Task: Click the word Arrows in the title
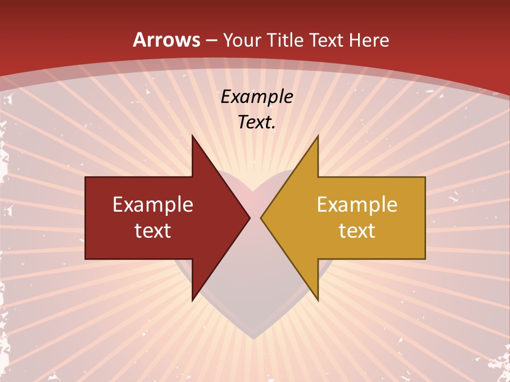click(x=166, y=40)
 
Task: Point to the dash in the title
click(x=211, y=40)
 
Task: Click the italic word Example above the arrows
click(x=257, y=97)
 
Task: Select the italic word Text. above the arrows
click(x=257, y=123)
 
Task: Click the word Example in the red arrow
click(x=153, y=205)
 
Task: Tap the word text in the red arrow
click(x=153, y=231)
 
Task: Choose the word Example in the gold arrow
click(x=357, y=205)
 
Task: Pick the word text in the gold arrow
click(x=357, y=231)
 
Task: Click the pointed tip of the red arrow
click(x=250, y=218)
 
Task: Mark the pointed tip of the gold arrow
click(x=261, y=218)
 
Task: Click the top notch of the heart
click(x=255, y=191)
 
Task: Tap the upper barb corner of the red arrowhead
click(x=192, y=135)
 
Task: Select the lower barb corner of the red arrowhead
click(x=192, y=300)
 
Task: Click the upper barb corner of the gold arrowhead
click(x=318, y=135)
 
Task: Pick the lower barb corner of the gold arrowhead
click(x=318, y=300)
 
